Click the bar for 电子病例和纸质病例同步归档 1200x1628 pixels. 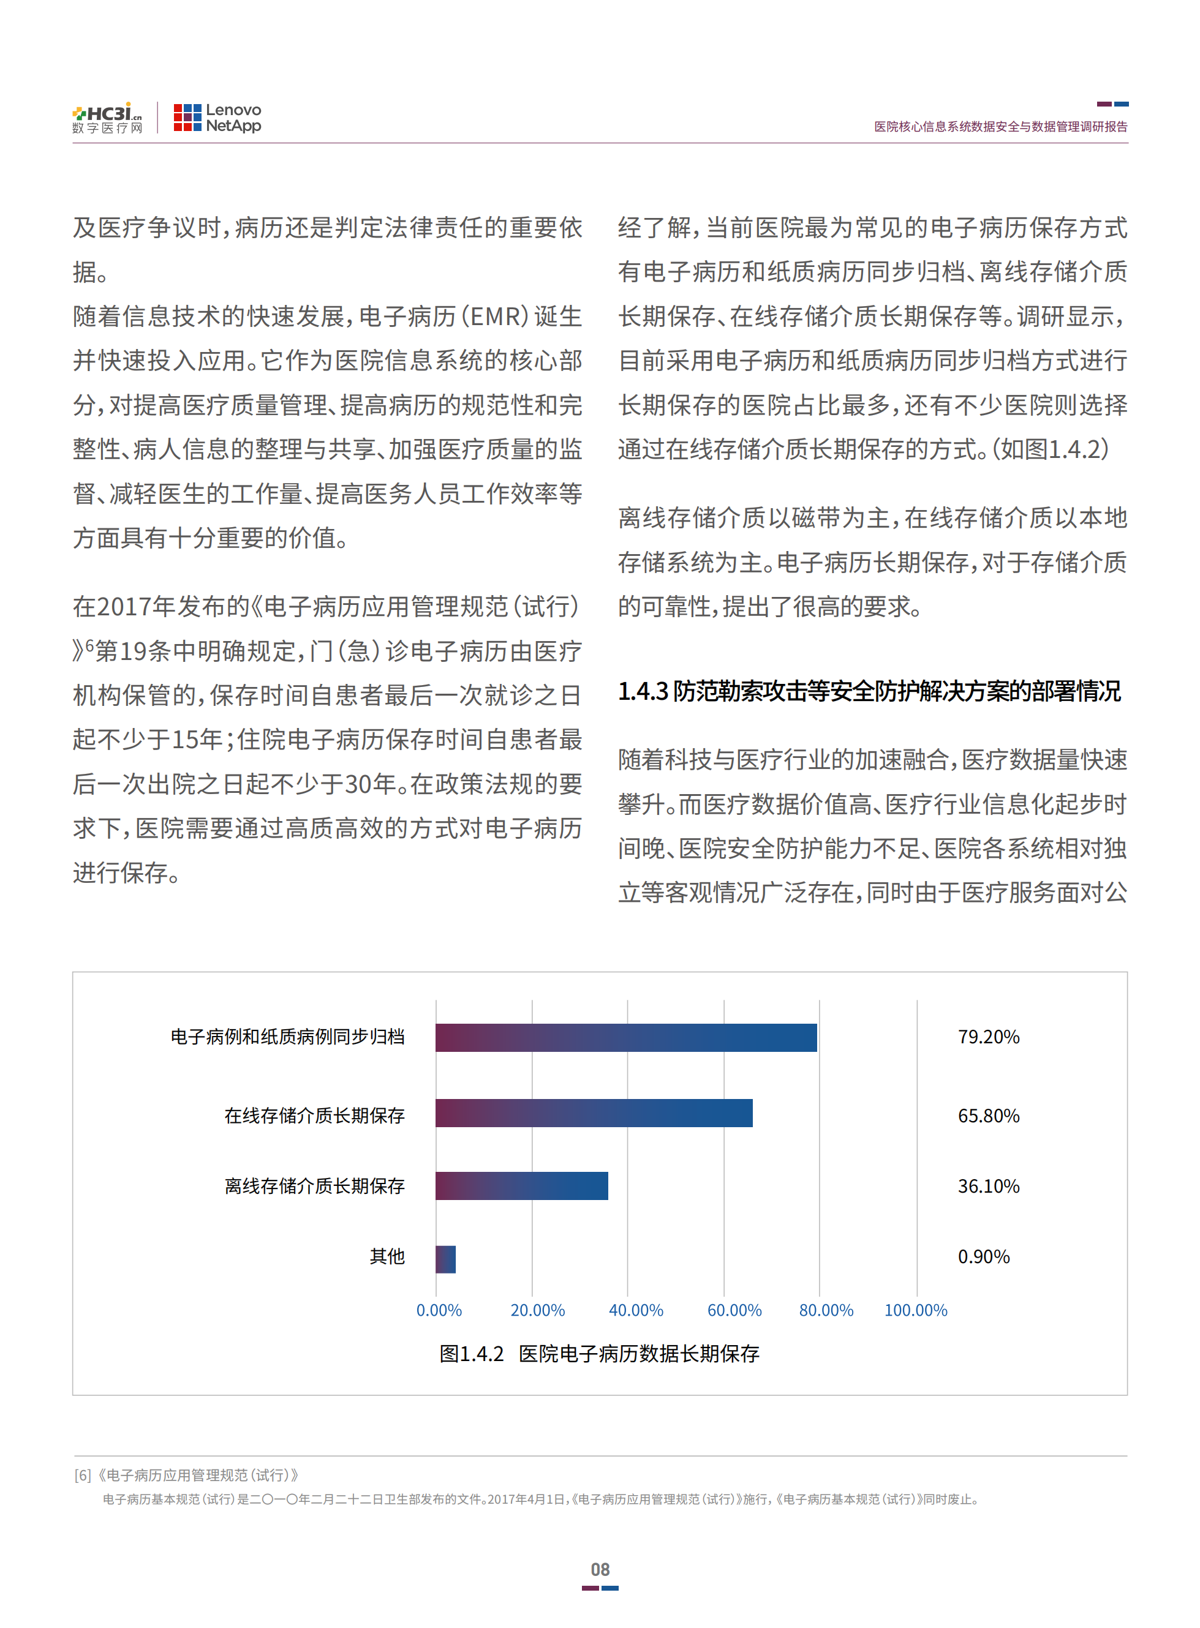click(625, 1037)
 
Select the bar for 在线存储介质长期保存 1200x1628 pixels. click(594, 1112)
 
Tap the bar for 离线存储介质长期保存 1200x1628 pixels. click(521, 1185)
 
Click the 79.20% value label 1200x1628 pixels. click(988, 1037)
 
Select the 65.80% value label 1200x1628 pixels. click(988, 1116)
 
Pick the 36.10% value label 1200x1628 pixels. click(988, 1186)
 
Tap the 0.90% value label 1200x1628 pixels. click(984, 1256)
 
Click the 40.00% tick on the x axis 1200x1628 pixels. click(636, 1310)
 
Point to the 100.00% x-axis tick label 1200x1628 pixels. click(915, 1310)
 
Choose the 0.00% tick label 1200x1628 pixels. click(439, 1310)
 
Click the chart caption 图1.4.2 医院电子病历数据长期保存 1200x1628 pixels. click(599, 1354)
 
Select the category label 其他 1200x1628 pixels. click(387, 1256)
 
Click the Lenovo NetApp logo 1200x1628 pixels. click(217, 118)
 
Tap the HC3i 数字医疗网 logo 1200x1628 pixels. click(108, 118)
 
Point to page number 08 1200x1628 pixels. click(600, 1569)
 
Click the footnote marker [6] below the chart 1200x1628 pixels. click(83, 1475)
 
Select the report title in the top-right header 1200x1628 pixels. click(1000, 126)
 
